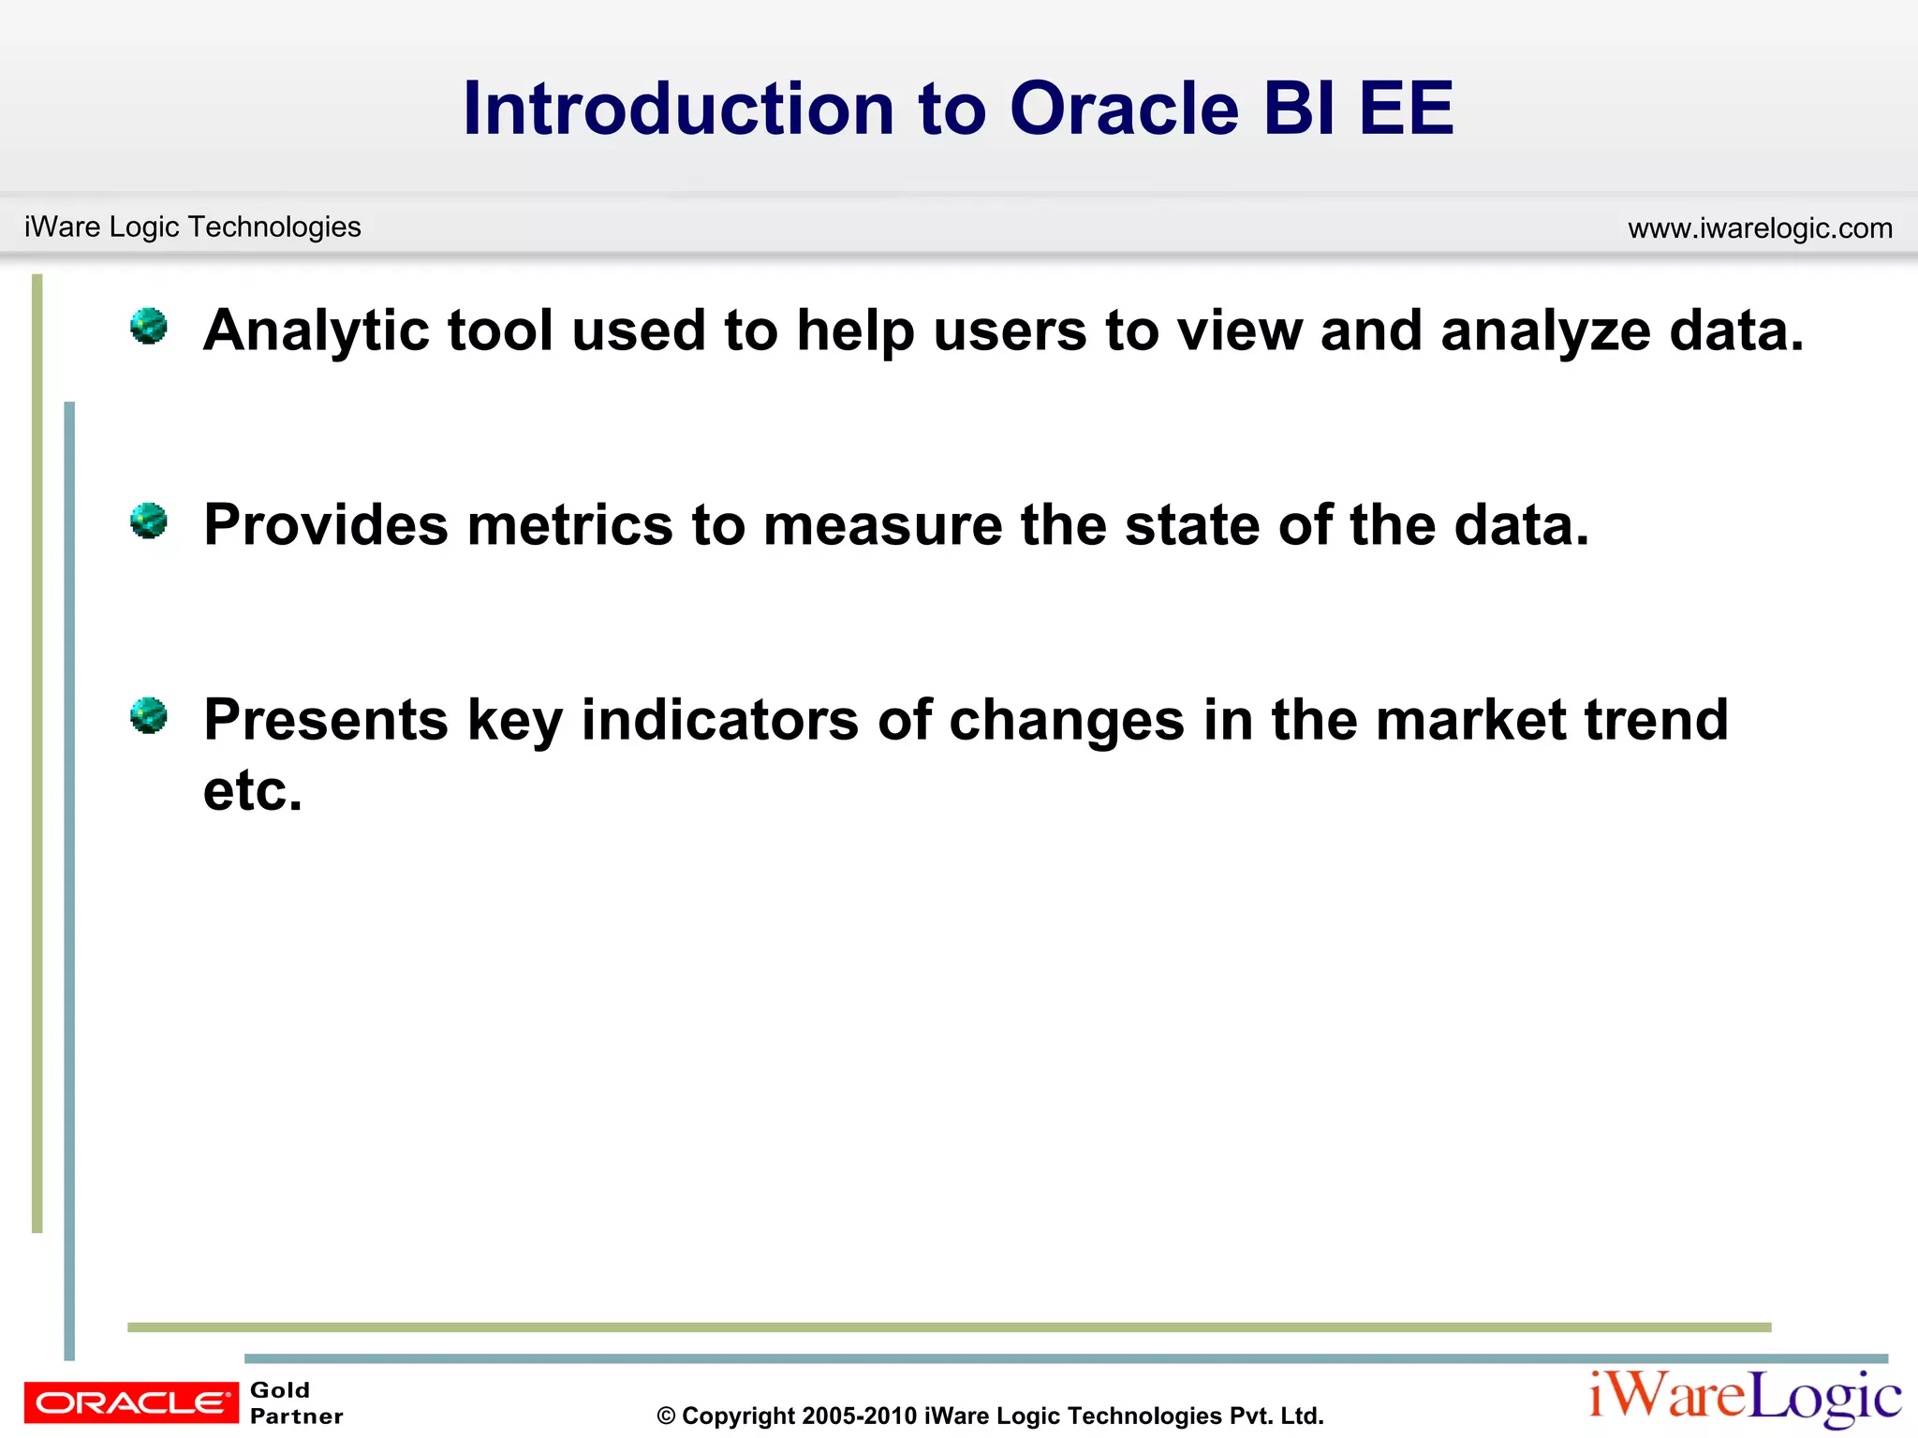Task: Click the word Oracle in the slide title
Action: point(1124,109)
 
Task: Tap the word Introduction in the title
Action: point(679,109)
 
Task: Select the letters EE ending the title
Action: point(1406,109)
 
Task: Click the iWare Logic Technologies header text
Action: point(192,227)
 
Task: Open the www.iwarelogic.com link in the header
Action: point(1760,227)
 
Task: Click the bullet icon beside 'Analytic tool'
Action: point(148,326)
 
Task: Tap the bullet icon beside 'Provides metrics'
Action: point(148,521)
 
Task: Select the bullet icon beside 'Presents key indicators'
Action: point(148,715)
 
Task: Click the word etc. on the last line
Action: point(253,791)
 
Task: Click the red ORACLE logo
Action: point(131,1401)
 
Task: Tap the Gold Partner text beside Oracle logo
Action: point(295,1402)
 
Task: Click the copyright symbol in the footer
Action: point(666,1416)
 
